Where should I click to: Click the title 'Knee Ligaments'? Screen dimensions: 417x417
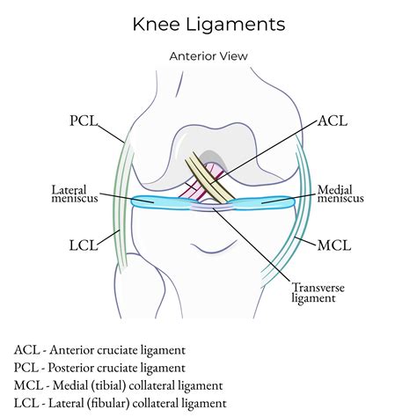click(x=208, y=24)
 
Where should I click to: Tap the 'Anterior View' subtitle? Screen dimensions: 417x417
click(x=208, y=55)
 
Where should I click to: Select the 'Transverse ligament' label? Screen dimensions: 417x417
click(x=317, y=292)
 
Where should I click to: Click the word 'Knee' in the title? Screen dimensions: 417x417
click(x=156, y=24)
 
